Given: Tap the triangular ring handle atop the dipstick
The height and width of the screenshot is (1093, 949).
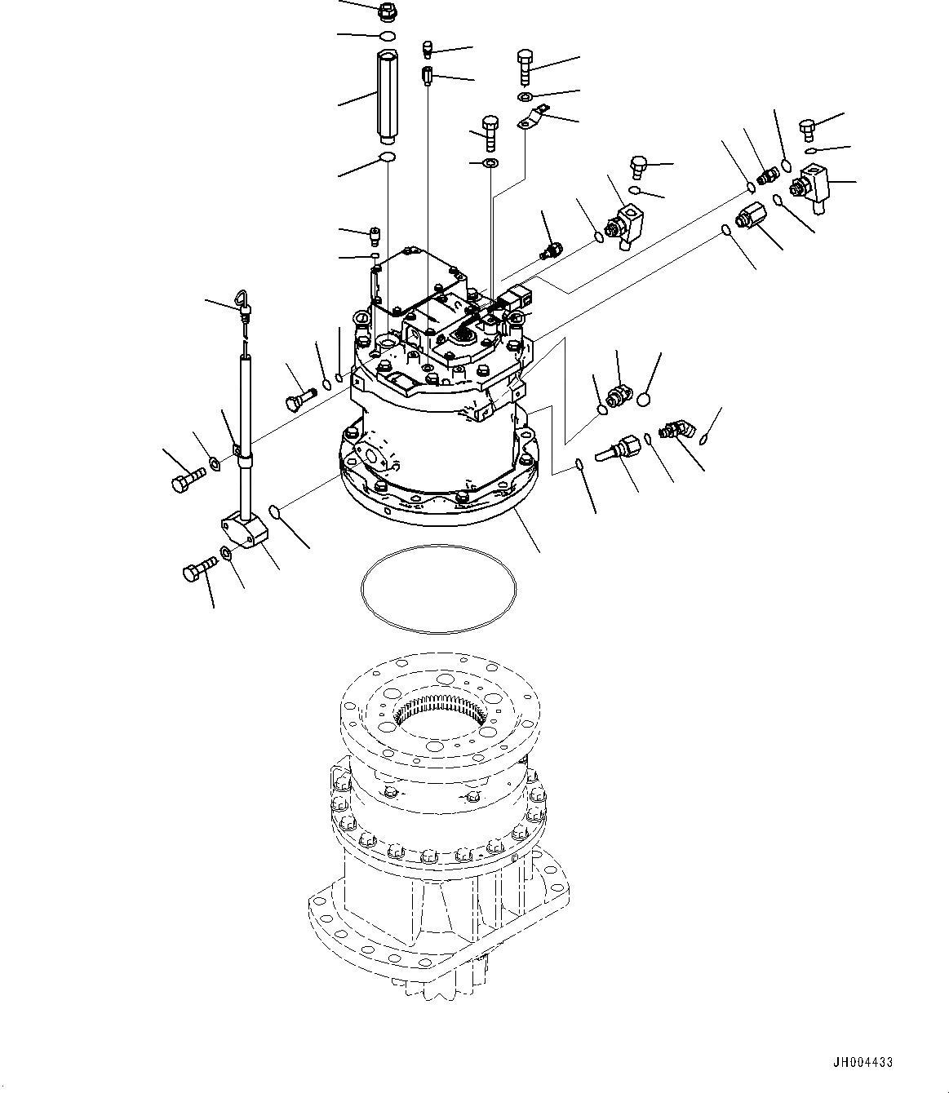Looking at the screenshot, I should tap(244, 303).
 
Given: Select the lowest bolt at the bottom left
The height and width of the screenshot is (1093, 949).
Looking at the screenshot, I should tap(199, 568).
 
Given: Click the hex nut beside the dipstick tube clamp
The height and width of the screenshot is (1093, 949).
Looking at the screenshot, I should tap(215, 464).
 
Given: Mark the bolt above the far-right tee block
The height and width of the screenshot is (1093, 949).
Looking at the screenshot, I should tap(806, 129).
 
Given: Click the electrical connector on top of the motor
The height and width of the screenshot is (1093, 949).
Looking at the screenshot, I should tap(516, 297).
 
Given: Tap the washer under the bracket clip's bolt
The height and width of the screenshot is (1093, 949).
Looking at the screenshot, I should tap(525, 98).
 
